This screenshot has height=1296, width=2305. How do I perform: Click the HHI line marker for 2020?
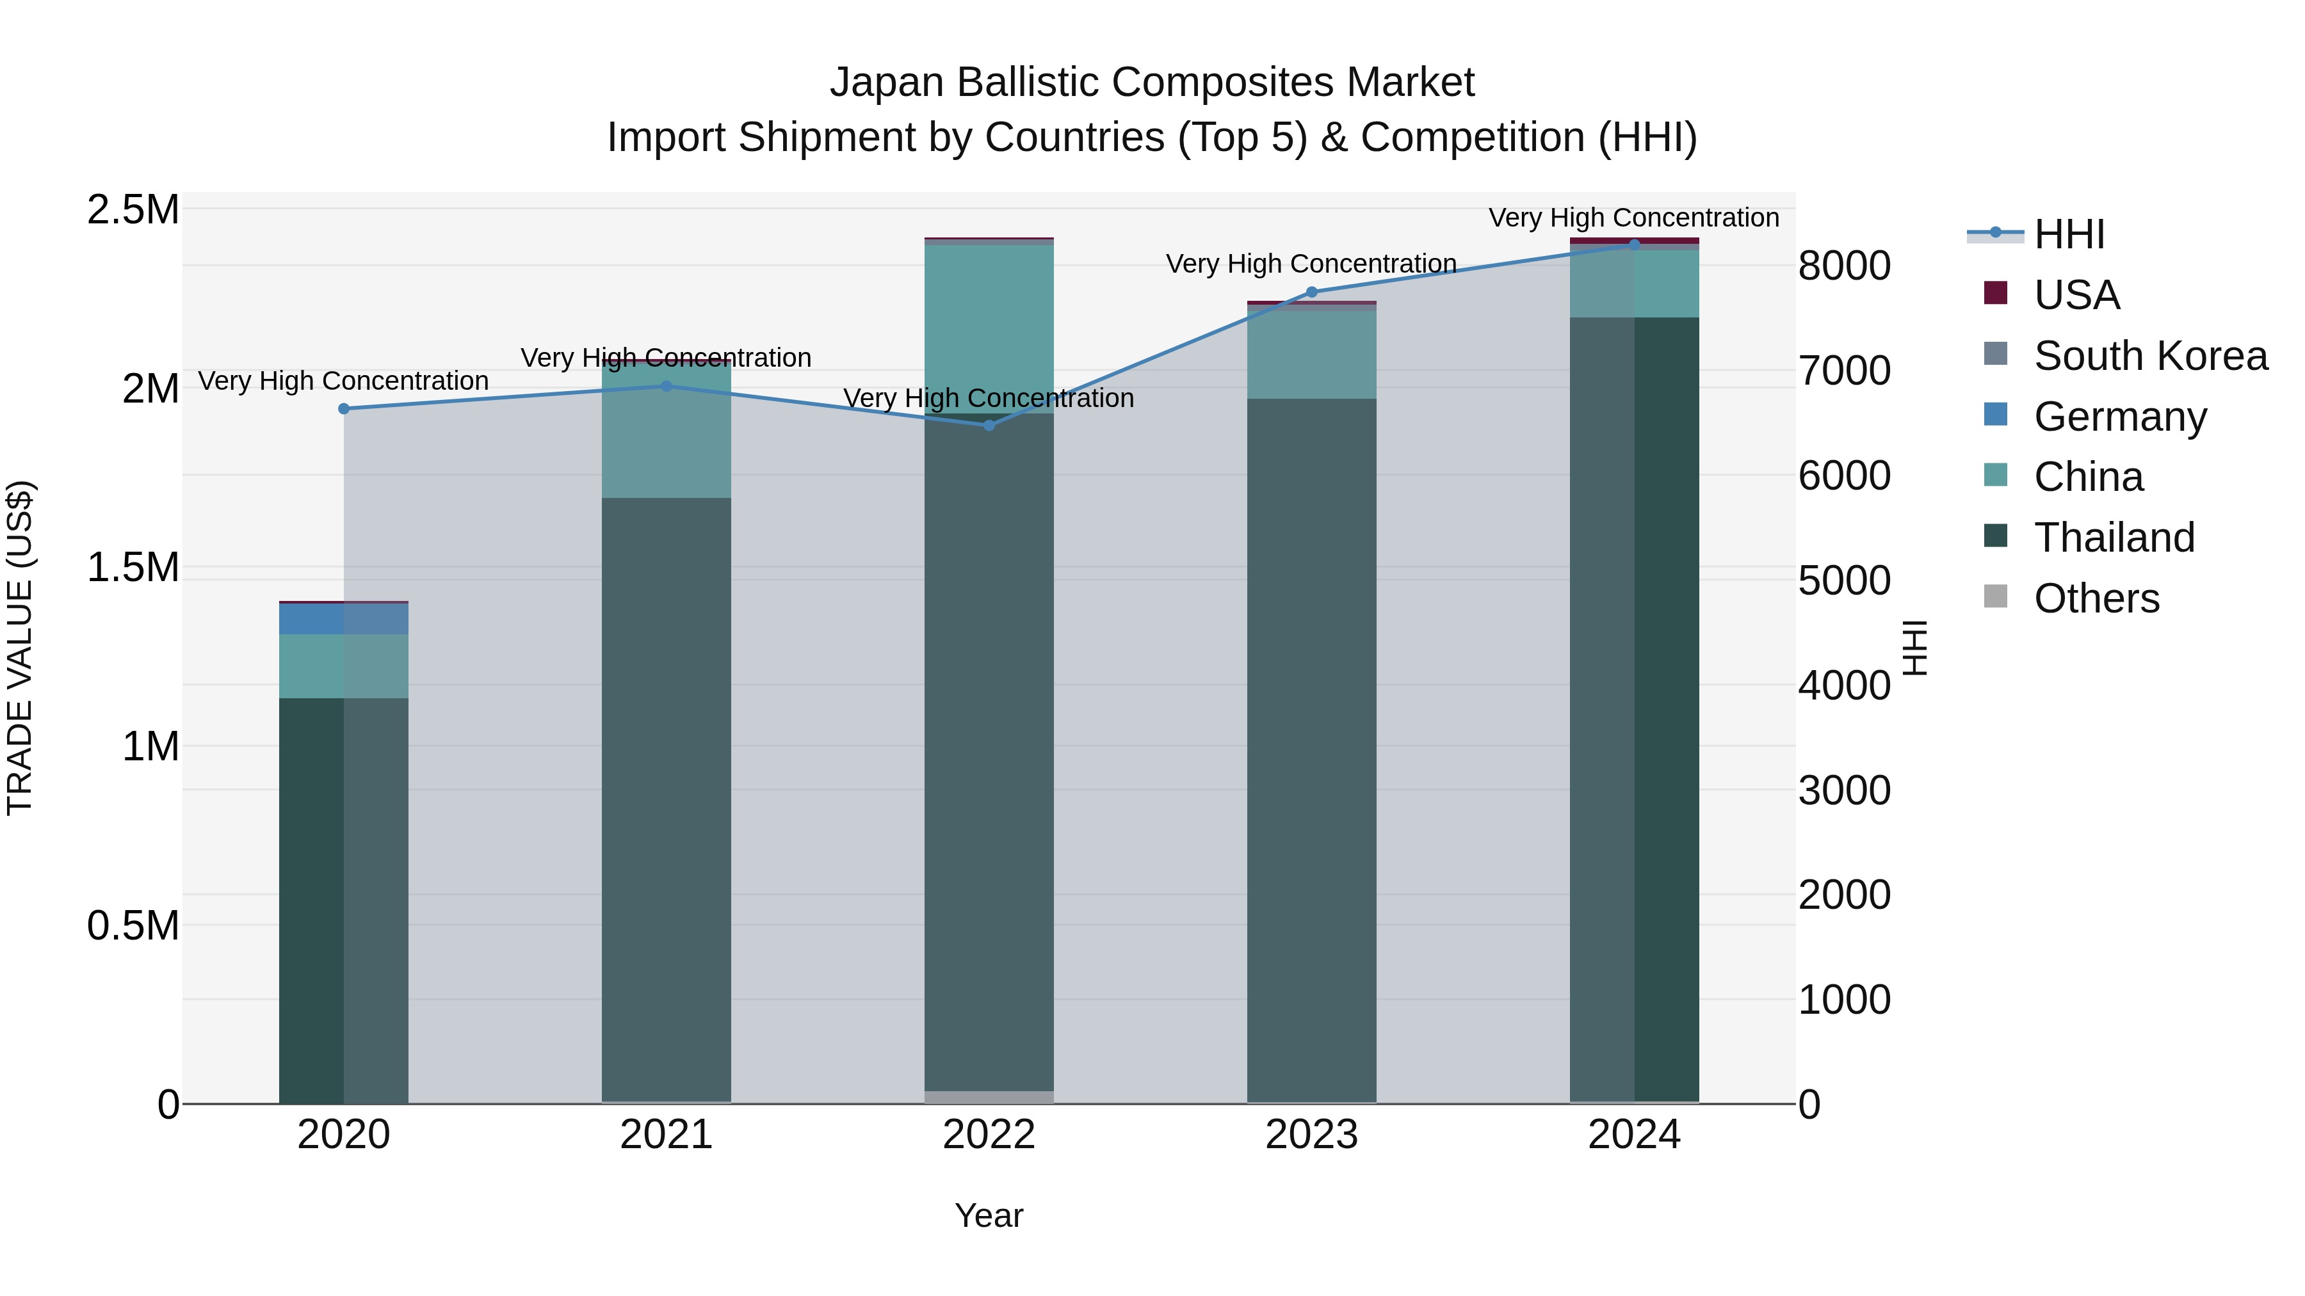pos(344,409)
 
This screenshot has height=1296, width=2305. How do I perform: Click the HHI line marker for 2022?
pos(989,426)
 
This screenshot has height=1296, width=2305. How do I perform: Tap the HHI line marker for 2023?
pos(1312,292)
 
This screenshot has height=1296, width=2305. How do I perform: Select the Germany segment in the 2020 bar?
pos(344,619)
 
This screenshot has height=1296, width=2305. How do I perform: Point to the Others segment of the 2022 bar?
pos(989,1096)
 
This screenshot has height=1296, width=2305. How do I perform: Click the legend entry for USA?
pos(2076,295)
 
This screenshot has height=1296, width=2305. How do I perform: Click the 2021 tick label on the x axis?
pos(666,1135)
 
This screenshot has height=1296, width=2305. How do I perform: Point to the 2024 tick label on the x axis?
pos(1634,1135)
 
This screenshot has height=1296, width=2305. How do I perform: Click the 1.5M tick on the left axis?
pos(133,567)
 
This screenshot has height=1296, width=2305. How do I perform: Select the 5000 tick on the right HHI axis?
pos(1844,581)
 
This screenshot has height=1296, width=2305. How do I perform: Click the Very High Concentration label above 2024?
pos(1634,218)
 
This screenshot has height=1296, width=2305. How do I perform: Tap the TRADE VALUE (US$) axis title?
pos(20,648)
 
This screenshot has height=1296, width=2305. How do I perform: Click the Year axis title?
pos(989,1215)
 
